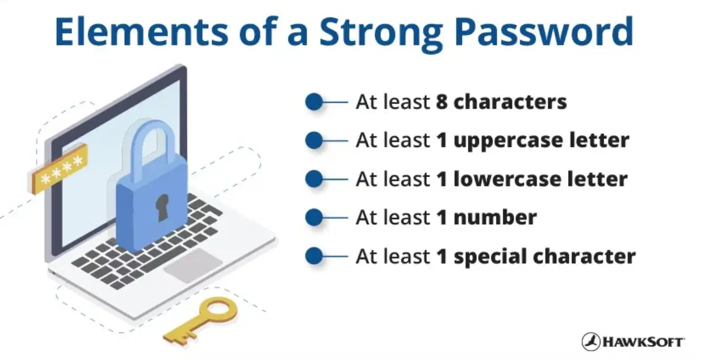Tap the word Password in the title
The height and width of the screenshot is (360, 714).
point(544,32)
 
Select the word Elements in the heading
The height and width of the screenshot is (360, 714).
point(141,32)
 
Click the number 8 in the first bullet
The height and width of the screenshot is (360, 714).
point(442,102)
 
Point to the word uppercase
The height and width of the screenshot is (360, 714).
point(508,141)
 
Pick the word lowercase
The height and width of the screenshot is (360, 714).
point(507,179)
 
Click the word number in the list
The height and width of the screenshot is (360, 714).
point(495,217)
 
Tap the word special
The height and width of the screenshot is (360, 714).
point(490,257)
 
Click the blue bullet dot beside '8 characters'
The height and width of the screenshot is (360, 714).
point(314,102)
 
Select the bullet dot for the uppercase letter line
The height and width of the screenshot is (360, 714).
point(314,141)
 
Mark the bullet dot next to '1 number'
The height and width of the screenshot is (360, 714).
point(314,217)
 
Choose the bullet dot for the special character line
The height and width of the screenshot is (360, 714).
point(314,256)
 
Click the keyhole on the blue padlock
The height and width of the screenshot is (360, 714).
point(162,208)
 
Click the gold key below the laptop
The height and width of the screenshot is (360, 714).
point(200,320)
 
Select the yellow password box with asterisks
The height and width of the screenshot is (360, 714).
point(59,169)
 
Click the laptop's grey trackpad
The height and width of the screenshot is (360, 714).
point(193,266)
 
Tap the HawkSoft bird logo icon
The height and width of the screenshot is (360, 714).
point(591,341)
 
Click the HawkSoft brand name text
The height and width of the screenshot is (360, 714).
point(643,342)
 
